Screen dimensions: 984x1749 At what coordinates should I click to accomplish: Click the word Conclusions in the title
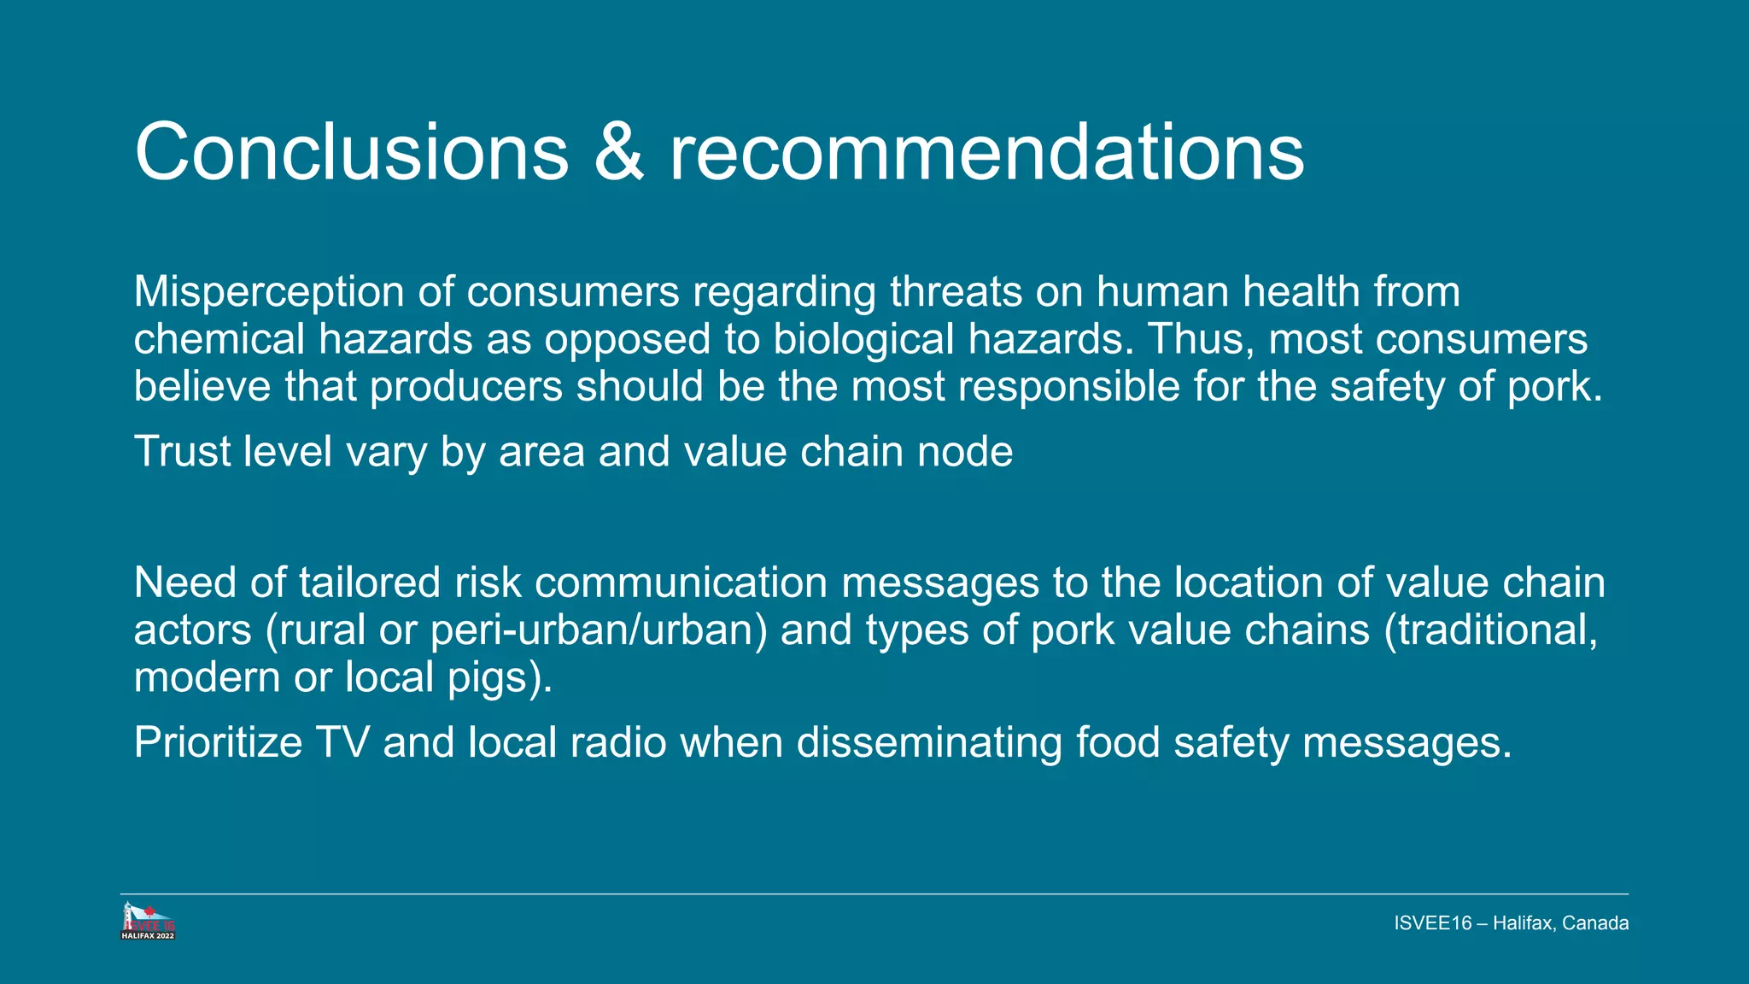pyautogui.click(x=351, y=152)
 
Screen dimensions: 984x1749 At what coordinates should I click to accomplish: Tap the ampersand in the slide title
pyautogui.click(x=618, y=152)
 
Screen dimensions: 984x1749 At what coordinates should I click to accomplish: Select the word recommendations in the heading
pyautogui.click(x=986, y=152)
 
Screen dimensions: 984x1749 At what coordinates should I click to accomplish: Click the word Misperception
pyautogui.click(x=268, y=292)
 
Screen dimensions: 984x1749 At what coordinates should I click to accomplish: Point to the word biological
pyautogui.click(x=863, y=339)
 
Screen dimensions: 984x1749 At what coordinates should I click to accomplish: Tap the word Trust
pyautogui.click(x=182, y=451)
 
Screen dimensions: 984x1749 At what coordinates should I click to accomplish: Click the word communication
pyautogui.click(x=681, y=583)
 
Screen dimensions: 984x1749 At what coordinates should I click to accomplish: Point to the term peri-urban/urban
pyautogui.click(x=599, y=630)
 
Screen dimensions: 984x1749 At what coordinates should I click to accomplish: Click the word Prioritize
pyautogui.click(x=218, y=741)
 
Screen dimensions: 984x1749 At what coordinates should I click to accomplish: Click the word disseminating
pyautogui.click(x=928, y=741)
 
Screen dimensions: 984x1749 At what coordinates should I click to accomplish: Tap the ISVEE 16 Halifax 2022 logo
pyautogui.click(x=149, y=922)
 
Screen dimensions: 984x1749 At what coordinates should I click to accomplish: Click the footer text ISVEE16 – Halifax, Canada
pyautogui.click(x=1511, y=923)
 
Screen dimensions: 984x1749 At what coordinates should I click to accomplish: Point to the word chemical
pyautogui.click(x=219, y=339)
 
